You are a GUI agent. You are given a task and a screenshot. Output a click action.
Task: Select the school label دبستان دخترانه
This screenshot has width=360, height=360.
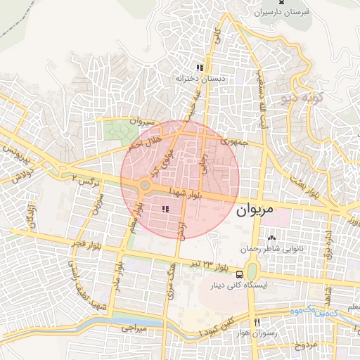tap(200, 78)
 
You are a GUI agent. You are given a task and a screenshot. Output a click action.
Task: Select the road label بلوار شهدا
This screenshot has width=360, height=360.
tap(186, 192)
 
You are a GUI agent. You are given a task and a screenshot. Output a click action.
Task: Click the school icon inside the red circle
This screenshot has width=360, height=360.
tap(165, 209)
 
